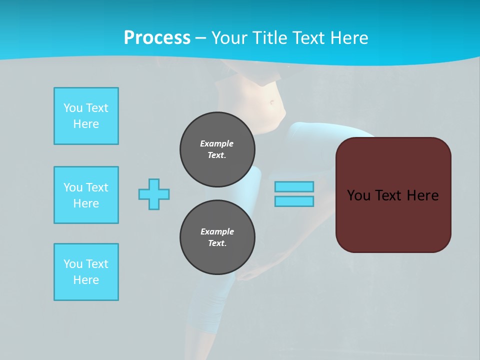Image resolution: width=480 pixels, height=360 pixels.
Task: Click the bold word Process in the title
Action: point(157,38)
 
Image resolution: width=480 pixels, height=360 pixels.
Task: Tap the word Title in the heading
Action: point(270,38)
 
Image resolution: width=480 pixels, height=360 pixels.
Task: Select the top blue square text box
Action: point(86,116)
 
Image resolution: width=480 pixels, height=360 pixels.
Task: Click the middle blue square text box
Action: point(86,195)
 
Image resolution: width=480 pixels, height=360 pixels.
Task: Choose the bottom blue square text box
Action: point(86,272)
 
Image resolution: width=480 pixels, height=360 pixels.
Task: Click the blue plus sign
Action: point(154,194)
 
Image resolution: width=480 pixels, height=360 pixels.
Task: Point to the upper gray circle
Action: point(217,149)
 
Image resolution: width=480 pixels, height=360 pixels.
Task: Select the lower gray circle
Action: point(217,237)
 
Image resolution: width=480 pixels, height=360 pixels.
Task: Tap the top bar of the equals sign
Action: point(294,186)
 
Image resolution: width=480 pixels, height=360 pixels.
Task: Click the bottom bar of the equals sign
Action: point(294,201)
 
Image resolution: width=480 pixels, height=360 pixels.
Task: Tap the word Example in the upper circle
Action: point(217,143)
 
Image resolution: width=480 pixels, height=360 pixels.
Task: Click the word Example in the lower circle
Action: point(217,231)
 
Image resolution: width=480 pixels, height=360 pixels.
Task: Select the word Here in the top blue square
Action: point(86,124)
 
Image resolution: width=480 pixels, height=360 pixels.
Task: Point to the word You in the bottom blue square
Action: point(73,264)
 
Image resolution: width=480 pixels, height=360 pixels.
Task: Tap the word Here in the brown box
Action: point(423,195)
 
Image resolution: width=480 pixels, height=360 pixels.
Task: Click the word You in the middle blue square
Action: point(73,187)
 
